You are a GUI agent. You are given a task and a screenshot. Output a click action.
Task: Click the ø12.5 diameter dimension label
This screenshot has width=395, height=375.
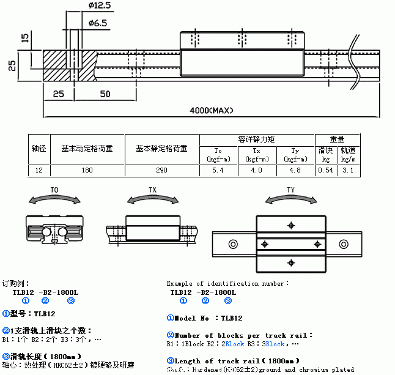pyautogui.click(x=100, y=6)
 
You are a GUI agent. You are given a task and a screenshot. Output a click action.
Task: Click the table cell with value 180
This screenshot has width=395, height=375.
pyautogui.click(x=86, y=169)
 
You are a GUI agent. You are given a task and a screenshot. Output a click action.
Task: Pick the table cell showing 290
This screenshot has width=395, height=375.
pyautogui.click(x=161, y=169)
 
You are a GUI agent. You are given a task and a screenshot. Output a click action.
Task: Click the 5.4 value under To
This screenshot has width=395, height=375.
pyautogui.click(x=218, y=169)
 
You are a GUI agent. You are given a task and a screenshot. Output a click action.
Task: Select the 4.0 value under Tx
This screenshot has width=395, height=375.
pyautogui.click(x=256, y=169)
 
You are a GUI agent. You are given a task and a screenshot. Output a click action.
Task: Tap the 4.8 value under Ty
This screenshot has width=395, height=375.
pyautogui.click(x=295, y=169)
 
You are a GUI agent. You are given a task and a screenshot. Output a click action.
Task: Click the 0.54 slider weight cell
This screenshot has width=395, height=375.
pyautogui.click(x=327, y=169)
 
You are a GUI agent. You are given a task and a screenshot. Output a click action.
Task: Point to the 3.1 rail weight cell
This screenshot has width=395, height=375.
pyautogui.click(x=348, y=169)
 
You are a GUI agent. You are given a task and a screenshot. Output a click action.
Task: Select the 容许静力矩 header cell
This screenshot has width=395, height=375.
pyautogui.click(x=256, y=139)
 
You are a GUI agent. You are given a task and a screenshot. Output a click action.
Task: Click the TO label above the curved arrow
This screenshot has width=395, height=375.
pyautogui.click(x=54, y=191)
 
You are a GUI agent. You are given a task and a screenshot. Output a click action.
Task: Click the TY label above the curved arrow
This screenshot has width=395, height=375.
pyautogui.click(x=291, y=191)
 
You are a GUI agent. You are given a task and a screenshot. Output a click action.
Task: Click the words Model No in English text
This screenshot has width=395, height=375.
pyautogui.click(x=193, y=318)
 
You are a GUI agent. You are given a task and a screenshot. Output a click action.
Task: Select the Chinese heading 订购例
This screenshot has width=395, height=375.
pyautogui.click(x=13, y=284)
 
